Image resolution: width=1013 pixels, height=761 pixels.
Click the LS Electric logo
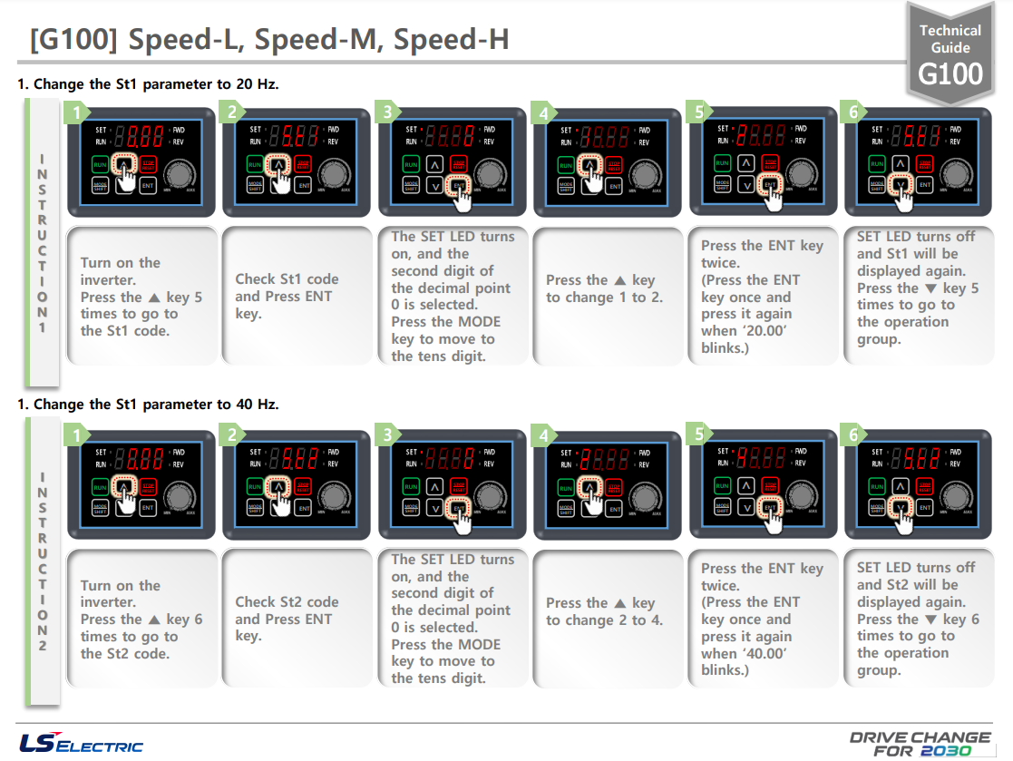point(81,741)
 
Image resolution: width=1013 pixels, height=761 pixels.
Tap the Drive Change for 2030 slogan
point(920,743)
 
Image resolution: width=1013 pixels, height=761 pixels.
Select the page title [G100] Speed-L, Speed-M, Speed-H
point(268,39)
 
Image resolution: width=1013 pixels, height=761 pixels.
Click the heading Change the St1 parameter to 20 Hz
point(148,84)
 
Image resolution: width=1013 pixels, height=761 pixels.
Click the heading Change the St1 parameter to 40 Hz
point(148,405)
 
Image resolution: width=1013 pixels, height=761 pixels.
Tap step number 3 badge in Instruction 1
point(388,112)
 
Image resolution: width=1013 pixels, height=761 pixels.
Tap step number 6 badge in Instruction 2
point(854,435)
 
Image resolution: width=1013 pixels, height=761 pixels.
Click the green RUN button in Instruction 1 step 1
point(99,164)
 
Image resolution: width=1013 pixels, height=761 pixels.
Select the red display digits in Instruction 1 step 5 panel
point(760,135)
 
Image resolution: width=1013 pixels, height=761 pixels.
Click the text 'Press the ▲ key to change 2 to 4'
point(600,611)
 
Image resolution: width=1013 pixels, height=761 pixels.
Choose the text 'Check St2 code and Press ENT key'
point(287,619)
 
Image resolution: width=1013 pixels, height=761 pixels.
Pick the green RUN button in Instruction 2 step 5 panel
point(722,485)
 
